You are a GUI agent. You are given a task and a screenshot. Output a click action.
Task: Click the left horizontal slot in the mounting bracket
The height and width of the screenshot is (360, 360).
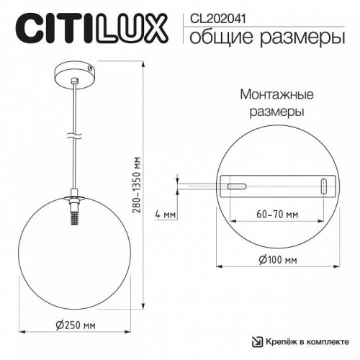click(235, 187)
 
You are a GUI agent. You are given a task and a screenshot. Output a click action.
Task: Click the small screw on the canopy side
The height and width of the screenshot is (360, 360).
click(90, 68)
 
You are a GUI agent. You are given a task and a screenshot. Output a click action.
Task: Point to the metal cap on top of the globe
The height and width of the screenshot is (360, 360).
click(73, 197)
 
